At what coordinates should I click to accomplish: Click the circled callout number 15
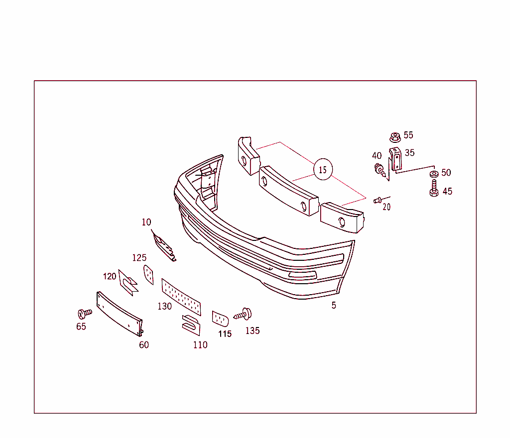click(323, 170)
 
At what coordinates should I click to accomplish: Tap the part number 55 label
click(408, 135)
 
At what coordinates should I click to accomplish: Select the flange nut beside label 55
click(394, 136)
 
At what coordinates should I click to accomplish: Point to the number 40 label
click(377, 156)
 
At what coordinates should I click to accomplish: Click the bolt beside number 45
click(434, 189)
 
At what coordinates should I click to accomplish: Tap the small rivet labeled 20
click(378, 200)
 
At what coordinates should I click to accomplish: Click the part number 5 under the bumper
click(334, 305)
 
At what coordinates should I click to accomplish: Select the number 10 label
click(146, 222)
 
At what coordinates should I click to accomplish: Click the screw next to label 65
click(84, 314)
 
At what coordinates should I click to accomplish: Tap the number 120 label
click(110, 276)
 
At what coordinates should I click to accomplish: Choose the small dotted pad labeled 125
click(148, 274)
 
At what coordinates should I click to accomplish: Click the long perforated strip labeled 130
click(182, 297)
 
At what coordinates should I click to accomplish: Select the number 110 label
click(200, 345)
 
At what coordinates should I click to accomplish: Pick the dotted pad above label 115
click(220, 318)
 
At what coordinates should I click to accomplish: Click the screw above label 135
click(244, 314)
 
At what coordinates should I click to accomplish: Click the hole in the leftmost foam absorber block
click(244, 161)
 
